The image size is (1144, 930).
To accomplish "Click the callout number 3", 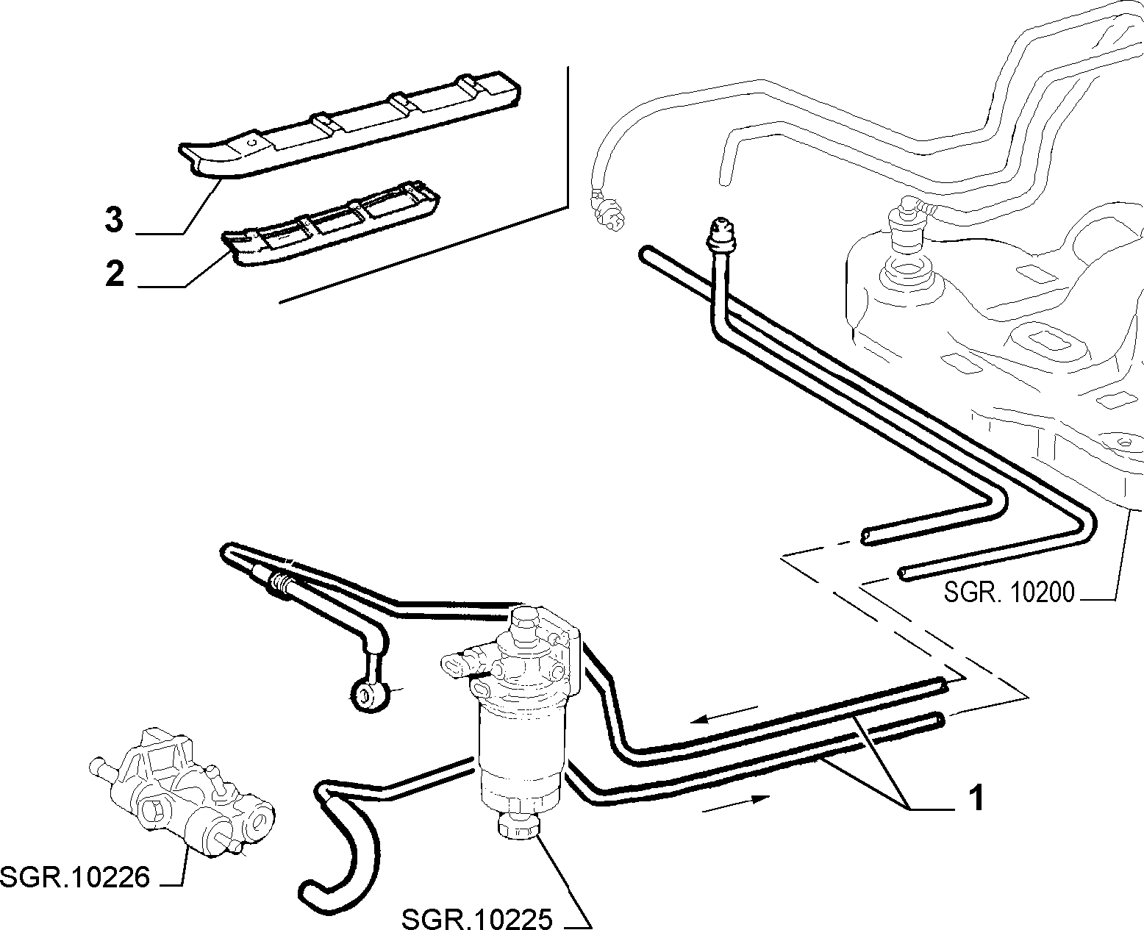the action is coord(114,220).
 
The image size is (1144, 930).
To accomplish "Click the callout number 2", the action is coord(115,273).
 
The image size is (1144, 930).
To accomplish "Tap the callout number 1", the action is coord(976,798).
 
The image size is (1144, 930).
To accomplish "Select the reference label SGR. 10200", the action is coord(1009,593).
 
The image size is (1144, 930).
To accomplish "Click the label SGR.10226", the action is coord(75,878).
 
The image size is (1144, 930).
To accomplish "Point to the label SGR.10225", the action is coord(477,918).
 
